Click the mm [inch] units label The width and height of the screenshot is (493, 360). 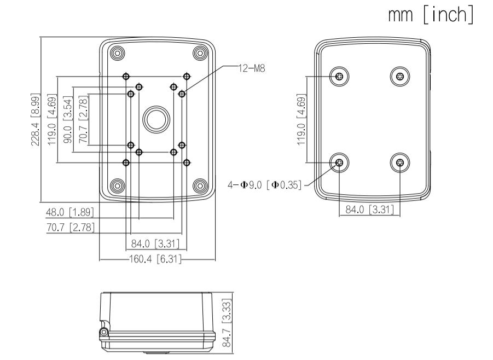(x=431, y=15)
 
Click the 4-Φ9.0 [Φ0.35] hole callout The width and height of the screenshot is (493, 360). (x=265, y=185)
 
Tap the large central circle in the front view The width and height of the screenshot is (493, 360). (x=156, y=119)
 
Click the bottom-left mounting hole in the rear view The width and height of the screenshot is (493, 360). (x=339, y=162)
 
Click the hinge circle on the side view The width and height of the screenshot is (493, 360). (x=102, y=333)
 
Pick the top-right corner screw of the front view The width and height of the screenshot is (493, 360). (x=199, y=53)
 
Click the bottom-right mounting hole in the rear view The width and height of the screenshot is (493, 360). (x=401, y=162)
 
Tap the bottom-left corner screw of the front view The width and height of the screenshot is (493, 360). (x=116, y=184)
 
